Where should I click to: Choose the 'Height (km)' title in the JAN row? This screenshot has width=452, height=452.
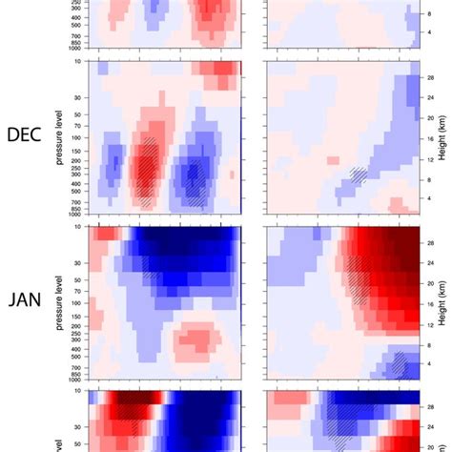(x=445, y=302)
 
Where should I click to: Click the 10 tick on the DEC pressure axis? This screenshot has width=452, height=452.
(x=78, y=62)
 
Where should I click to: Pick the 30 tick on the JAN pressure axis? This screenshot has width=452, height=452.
(x=78, y=262)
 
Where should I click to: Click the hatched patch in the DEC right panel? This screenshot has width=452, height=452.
(x=357, y=175)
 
